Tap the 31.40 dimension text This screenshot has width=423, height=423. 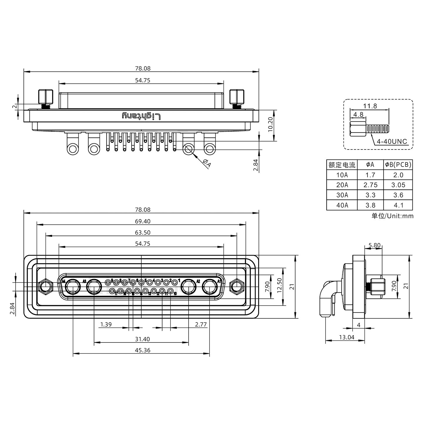click(142, 339)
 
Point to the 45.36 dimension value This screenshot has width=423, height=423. click(142, 350)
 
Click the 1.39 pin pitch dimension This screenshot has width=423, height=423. click(106, 324)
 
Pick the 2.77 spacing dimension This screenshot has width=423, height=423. click(201, 324)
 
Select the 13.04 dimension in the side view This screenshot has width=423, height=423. click(347, 337)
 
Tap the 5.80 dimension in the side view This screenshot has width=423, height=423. click(374, 245)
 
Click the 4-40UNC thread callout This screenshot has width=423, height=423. click(392, 142)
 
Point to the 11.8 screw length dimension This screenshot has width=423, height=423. click(370, 106)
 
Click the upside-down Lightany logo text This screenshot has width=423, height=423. click(141, 116)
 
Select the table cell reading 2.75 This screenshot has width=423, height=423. click(370, 185)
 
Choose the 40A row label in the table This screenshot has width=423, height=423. click(342, 205)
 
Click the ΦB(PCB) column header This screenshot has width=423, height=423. click(398, 165)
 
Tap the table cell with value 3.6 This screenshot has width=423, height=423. click(398, 195)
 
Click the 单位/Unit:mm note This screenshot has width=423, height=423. click(392, 216)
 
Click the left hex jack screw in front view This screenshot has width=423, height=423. click(46, 286)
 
